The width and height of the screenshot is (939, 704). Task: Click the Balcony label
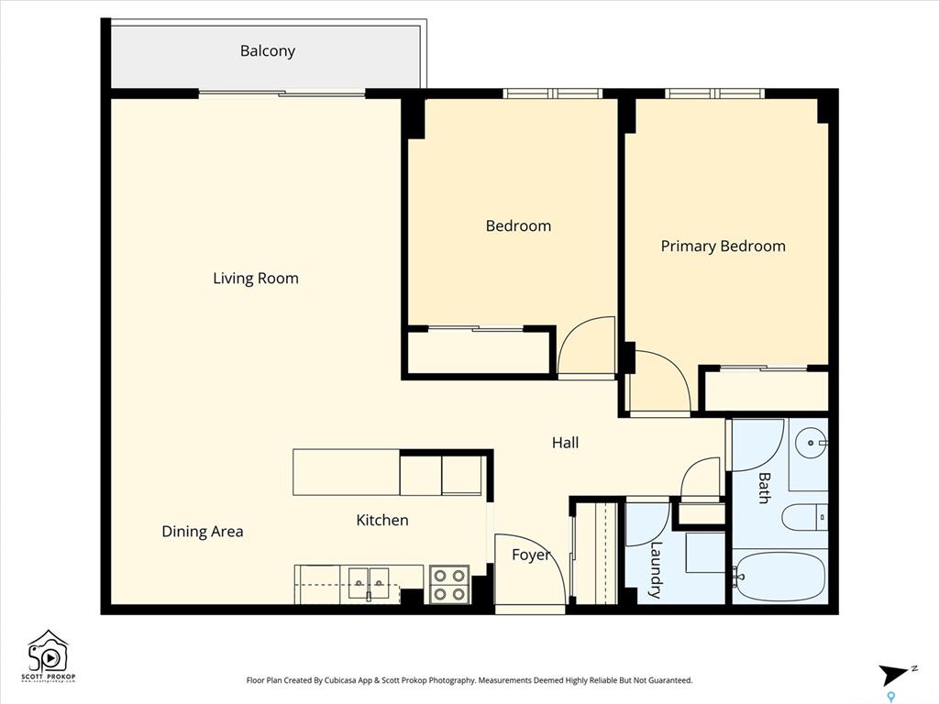point(267,51)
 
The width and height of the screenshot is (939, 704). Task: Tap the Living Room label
point(256,279)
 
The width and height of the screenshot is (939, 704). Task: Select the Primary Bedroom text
point(723,246)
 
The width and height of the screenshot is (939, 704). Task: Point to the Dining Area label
point(203,532)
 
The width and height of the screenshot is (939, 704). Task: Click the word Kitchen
point(382,521)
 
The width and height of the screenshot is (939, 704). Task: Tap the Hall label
point(565,443)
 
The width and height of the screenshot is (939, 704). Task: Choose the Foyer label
point(531,555)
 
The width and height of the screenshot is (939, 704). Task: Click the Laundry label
point(656,569)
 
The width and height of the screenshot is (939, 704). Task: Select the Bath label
point(764,488)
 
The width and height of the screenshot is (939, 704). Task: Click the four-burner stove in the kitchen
point(449,584)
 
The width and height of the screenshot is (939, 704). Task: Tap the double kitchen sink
point(369,584)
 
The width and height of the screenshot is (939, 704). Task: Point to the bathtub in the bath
point(779,577)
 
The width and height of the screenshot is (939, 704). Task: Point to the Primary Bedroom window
point(715,93)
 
